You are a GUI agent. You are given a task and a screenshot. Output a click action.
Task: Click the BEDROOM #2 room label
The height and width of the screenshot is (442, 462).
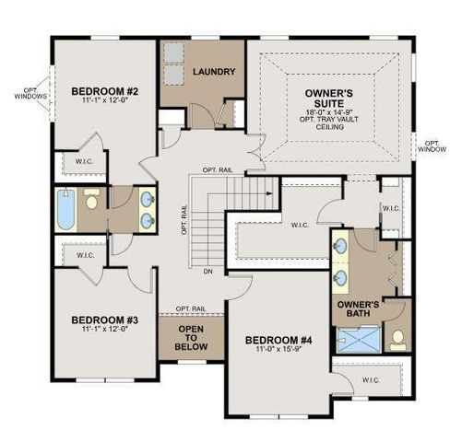pyautogui.click(x=104, y=91)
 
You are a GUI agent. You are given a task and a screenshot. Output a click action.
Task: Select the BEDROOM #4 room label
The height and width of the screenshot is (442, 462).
pyautogui.click(x=278, y=341)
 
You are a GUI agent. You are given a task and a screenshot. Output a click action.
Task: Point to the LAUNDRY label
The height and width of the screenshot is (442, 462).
pyautogui.click(x=214, y=72)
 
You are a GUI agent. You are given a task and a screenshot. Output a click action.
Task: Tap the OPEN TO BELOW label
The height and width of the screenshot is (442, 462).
pyautogui.click(x=191, y=338)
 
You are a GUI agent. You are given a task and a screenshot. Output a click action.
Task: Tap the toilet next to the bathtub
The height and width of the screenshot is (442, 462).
pyautogui.click(x=92, y=200)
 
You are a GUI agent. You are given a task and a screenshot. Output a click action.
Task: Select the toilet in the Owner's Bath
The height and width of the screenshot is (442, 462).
pyautogui.click(x=398, y=340)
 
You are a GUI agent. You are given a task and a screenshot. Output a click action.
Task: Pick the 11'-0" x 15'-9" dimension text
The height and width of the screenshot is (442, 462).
pyautogui.click(x=278, y=351)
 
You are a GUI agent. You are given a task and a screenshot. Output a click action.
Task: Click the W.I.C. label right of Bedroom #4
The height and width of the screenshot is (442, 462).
pyautogui.click(x=372, y=378)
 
